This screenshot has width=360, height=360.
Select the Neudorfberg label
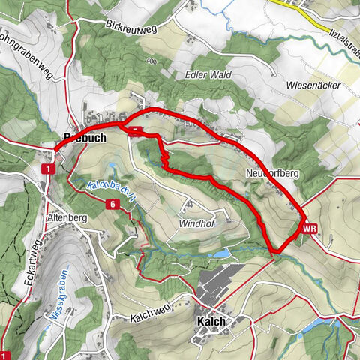point(271,173)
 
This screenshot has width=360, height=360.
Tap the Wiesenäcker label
point(313,85)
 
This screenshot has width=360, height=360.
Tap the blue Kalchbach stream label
point(110,190)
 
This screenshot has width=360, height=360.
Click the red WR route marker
point(310,227)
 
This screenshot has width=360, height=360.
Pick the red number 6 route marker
point(112,205)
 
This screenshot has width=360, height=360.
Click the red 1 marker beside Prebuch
point(47,171)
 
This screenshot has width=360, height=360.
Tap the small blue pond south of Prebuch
point(112,166)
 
